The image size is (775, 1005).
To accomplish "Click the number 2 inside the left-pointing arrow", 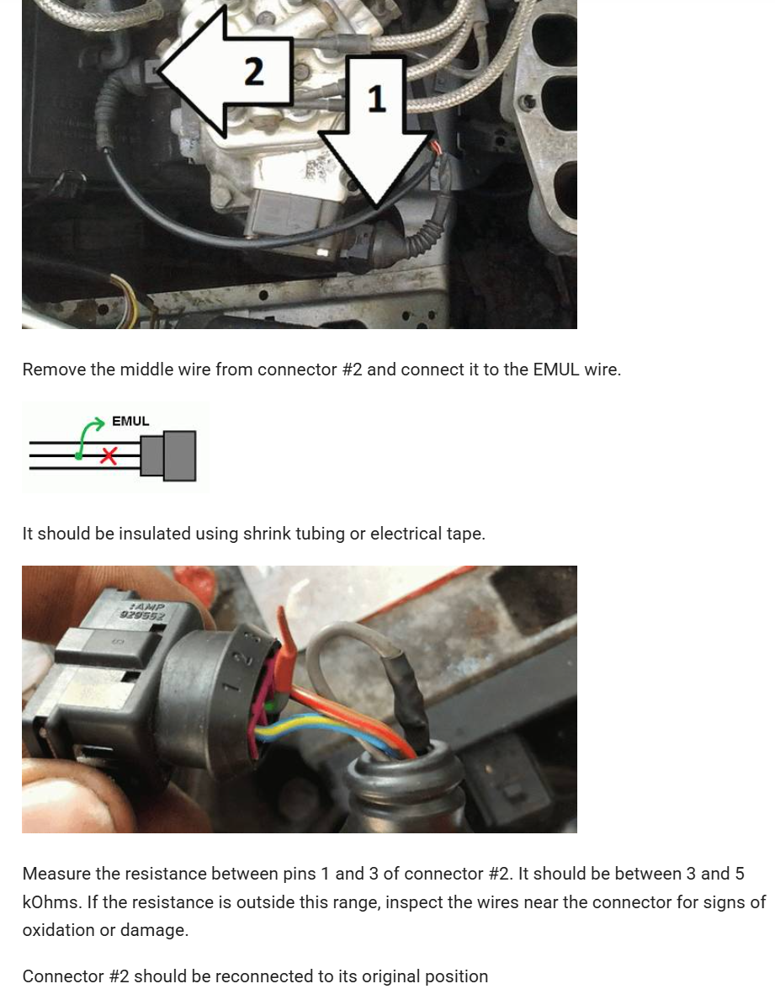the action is (x=254, y=72).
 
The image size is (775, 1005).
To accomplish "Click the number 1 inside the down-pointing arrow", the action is (x=377, y=99).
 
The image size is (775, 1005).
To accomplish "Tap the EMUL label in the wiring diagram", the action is (x=130, y=421).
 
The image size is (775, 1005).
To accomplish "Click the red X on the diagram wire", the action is (x=109, y=456).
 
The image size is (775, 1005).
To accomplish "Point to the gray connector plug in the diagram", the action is (x=168, y=455).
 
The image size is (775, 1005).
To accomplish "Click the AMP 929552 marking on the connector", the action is (x=144, y=611).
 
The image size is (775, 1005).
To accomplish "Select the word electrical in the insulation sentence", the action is (x=406, y=534).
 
